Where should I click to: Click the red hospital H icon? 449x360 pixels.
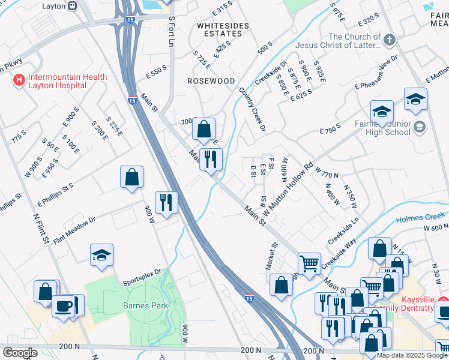point(19,79)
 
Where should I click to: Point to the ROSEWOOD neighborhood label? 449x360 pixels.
point(211,80)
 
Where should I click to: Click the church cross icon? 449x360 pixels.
point(389,41)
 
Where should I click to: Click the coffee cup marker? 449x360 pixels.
point(63,305)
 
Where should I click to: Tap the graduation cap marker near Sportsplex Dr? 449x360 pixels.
point(102,254)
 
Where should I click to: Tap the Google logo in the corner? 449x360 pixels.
point(19,352)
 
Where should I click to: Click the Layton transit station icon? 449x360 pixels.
point(72,6)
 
